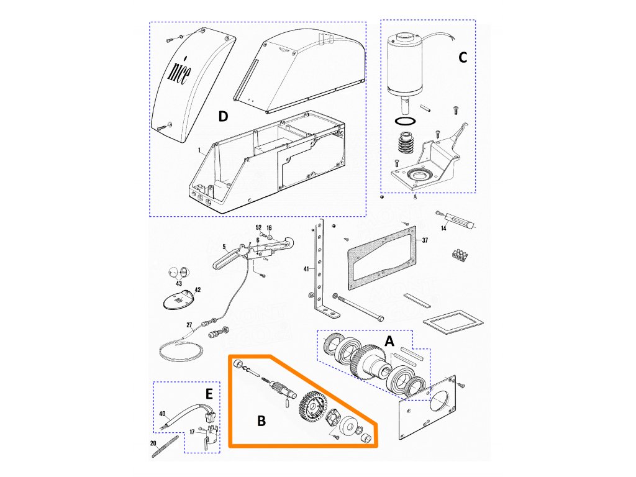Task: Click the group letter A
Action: tap(389, 341)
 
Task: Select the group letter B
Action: tap(261, 420)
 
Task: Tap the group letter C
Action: tap(462, 58)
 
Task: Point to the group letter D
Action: tap(223, 116)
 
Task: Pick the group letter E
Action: tap(209, 394)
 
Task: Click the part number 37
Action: tap(425, 240)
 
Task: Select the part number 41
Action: tap(306, 268)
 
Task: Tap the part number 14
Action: tap(443, 229)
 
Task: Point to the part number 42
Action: tap(198, 290)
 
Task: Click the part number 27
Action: tap(189, 324)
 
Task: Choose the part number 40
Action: tap(162, 413)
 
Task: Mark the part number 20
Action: tap(153, 443)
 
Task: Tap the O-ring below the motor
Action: tap(407, 120)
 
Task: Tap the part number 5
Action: tap(216, 247)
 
